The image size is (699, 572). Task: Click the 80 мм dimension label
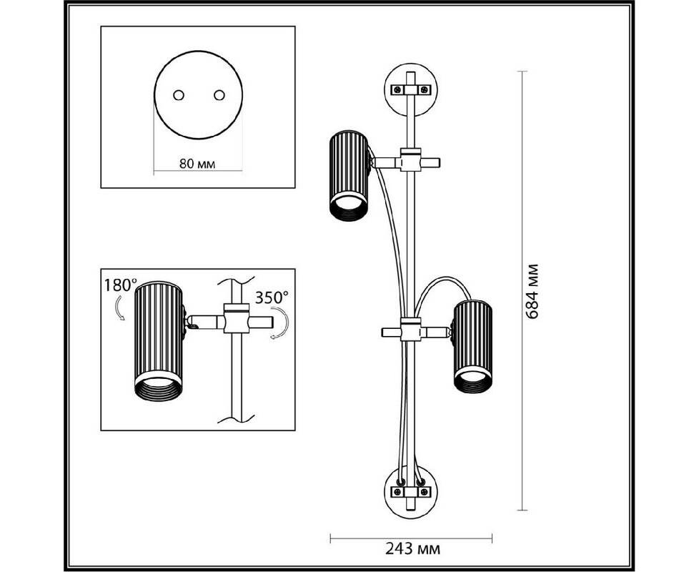click(197, 164)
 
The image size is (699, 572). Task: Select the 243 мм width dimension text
click(413, 549)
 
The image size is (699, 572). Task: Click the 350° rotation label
click(272, 295)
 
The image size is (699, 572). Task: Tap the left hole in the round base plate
click(179, 94)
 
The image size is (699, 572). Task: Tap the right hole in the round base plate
click(219, 94)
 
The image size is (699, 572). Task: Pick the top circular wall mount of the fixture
click(410, 90)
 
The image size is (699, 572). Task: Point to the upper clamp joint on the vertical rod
click(410, 161)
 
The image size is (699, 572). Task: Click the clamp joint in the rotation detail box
click(234, 320)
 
